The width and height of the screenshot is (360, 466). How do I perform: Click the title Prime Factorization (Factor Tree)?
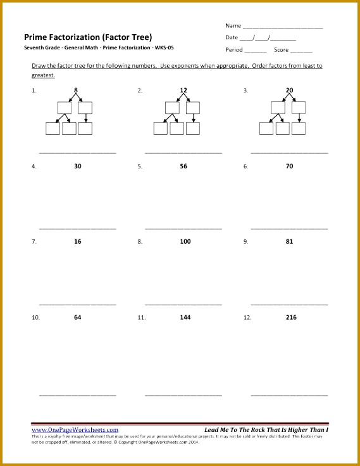click(88, 37)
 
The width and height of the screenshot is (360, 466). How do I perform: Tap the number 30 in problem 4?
click(77, 166)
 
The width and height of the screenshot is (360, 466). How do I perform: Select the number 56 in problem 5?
click(183, 166)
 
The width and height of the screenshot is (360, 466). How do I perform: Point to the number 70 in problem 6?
click(289, 166)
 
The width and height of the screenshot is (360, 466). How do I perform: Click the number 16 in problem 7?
click(77, 241)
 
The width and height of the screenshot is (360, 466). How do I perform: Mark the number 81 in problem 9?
click(289, 241)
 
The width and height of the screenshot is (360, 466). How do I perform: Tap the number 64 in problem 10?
click(77, 317)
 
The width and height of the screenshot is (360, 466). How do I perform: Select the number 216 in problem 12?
click(289, 317)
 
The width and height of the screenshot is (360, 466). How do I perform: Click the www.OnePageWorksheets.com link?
click(75, 430)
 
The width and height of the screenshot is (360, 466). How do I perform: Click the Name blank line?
click(283, 28)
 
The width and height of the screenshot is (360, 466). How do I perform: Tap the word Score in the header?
click(282, 50)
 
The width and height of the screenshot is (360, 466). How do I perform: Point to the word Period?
click(234, 50)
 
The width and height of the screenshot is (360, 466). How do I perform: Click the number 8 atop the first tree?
click(76, 91)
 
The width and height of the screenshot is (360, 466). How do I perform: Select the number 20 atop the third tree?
click(289, 91)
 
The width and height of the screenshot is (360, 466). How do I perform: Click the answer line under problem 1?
click(78, 153)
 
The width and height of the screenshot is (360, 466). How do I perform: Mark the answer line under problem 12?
click(289, 395)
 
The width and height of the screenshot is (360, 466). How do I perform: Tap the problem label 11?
click(142, 317)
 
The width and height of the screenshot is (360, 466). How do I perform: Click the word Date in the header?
click(232, 38)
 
